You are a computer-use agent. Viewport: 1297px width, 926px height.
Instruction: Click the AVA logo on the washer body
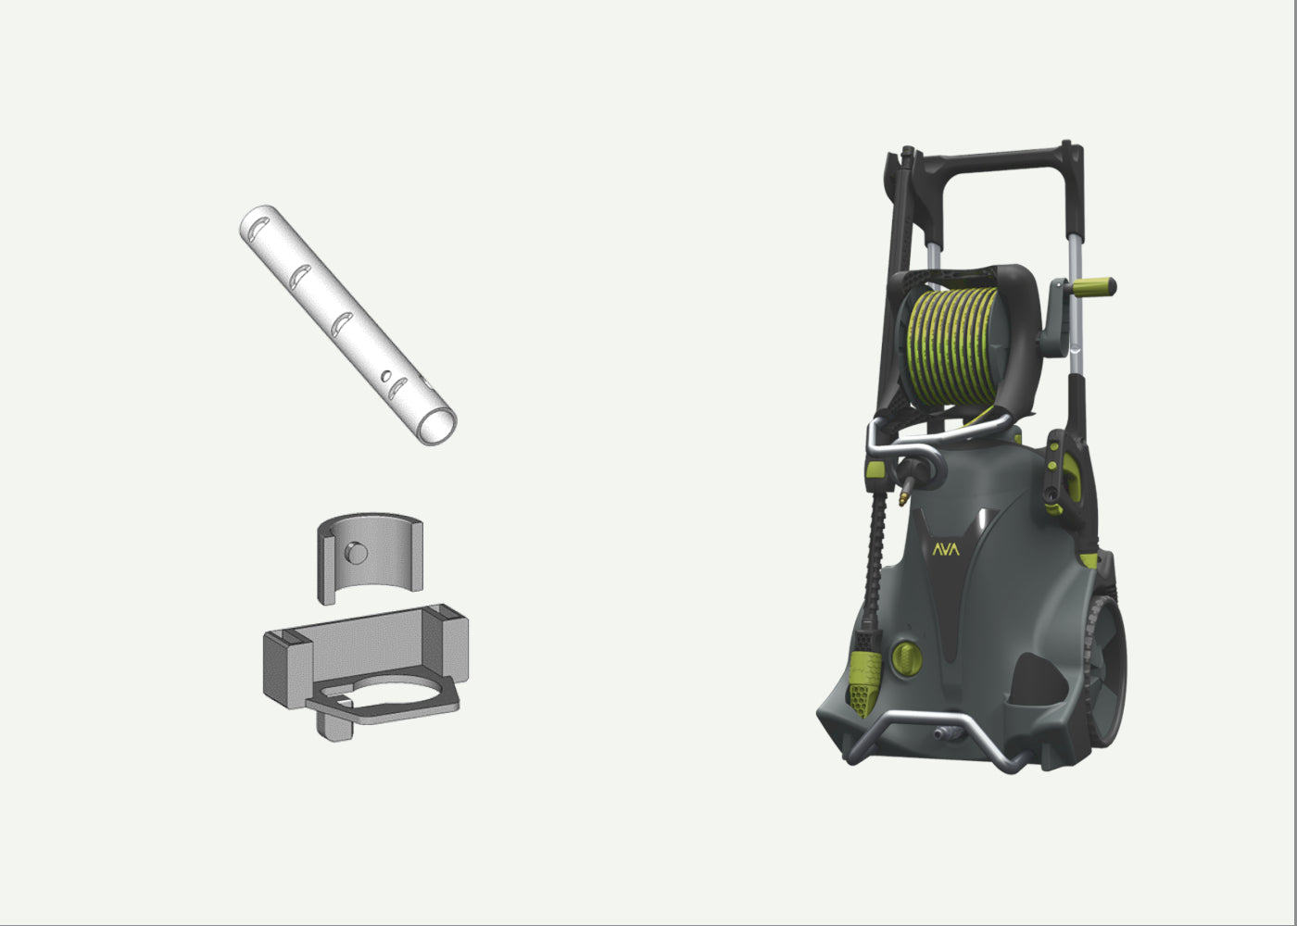946,549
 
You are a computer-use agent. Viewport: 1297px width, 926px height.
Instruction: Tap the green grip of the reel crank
1094,287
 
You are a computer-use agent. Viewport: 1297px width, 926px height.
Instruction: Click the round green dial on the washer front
907,658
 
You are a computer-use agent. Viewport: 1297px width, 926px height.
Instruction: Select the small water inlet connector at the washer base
946,733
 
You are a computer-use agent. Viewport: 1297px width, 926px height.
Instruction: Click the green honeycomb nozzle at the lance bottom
864,689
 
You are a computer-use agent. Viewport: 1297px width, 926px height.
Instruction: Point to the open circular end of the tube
436,426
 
